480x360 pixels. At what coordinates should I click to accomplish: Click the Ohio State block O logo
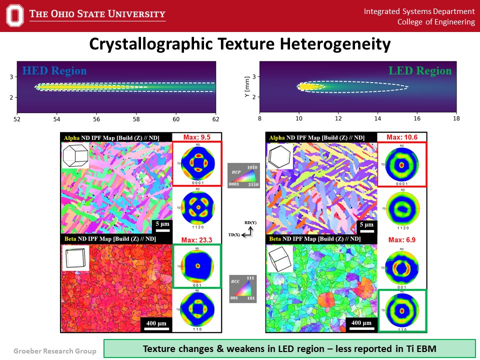(15, 15)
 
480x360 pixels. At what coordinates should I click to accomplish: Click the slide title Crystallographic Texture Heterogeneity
(239, 44)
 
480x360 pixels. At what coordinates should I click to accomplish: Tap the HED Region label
(54, 70)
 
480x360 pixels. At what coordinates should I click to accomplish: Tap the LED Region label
(420, 70)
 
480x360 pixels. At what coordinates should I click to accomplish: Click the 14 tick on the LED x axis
(377, 119)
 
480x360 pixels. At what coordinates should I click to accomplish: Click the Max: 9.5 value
(196, 137)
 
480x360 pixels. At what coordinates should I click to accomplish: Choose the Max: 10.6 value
(401, 137)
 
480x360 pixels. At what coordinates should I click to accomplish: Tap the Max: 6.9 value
(401, 240)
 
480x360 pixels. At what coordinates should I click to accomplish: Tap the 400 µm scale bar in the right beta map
(361, 324)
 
